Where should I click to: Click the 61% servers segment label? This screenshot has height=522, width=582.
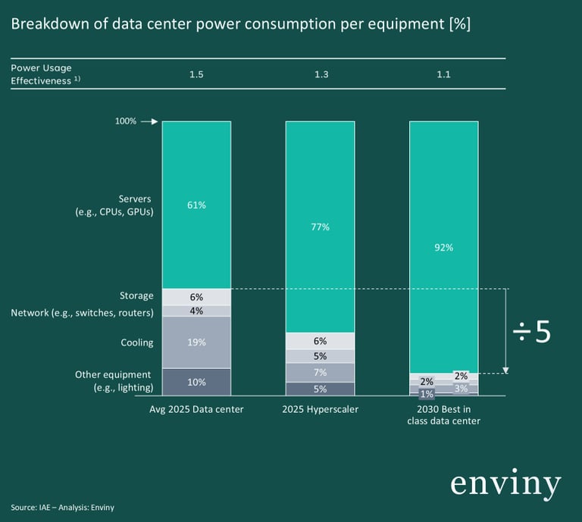(x=196, y=205)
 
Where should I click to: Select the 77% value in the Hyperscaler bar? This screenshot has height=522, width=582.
(x=320, y=227)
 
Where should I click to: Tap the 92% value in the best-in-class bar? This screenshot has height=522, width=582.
(x=443, y=248)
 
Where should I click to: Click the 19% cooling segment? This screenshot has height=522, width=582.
(x=196, y=342)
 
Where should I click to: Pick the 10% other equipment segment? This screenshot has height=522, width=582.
(x=196, y=382)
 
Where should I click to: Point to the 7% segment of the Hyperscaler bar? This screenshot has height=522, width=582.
(x=320, y=373)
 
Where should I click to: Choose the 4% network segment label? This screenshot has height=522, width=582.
(x=196, y=311)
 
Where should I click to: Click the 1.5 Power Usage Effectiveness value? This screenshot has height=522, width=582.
(x=196, y=74)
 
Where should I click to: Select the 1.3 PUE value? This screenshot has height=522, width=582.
(x=320, y=74)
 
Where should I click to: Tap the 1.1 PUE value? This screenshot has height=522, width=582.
(x=443, y=74)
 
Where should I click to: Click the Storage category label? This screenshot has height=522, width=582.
(x=136, y=295)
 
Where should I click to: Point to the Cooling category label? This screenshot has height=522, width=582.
(x=136, y=342)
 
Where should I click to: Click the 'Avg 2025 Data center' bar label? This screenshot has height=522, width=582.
(x=196, y=409)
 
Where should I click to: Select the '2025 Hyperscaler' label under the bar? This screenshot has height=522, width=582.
(x=320, y=409)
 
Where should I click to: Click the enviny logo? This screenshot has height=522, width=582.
(x=505, y=484)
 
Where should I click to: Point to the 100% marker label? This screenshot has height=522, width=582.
(x=126, y=121)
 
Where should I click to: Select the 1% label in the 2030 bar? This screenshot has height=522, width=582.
(x=427, y=393)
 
